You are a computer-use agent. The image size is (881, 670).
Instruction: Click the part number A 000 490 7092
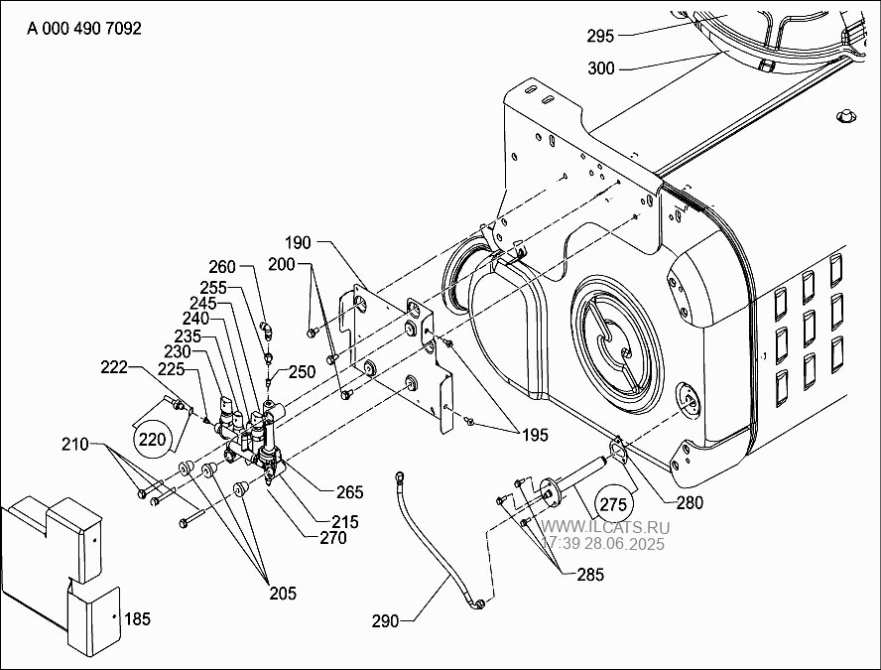(x=84, y=28)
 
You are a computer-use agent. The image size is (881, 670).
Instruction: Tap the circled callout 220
(x=152, y=439)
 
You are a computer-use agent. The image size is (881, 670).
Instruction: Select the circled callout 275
(x=613, y=504)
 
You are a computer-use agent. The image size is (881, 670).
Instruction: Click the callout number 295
(x=600, y=36)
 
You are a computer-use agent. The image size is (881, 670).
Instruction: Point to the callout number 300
(x=601, y=68)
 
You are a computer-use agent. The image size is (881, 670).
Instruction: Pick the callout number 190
(x=298, y=243)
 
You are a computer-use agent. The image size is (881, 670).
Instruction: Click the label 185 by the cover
(x=138, y=618)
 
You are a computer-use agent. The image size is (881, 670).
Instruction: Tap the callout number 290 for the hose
(x=385, y=621)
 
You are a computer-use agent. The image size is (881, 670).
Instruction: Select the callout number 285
(x=590, y=575)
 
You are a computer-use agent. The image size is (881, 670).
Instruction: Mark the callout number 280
(x=690, y=502)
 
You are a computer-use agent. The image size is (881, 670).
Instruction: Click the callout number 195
(x=535, y=435)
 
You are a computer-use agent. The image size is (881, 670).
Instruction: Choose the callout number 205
(x=283, y=593)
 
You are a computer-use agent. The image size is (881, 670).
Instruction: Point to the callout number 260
(x=222, y=266)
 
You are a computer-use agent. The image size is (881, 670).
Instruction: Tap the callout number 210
(x=75, y=444)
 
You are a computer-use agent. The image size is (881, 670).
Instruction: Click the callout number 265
(x=350, y=492)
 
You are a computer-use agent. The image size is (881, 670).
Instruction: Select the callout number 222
(x=114, y=367)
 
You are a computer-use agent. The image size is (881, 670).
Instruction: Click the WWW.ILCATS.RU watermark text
(x=605, y=528)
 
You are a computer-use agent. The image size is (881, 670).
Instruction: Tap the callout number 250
(x=303, y=372)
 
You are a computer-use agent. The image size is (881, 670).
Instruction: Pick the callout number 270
(x=333, y=538)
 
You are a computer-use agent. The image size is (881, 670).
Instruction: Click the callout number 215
(x=345, y=522)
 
